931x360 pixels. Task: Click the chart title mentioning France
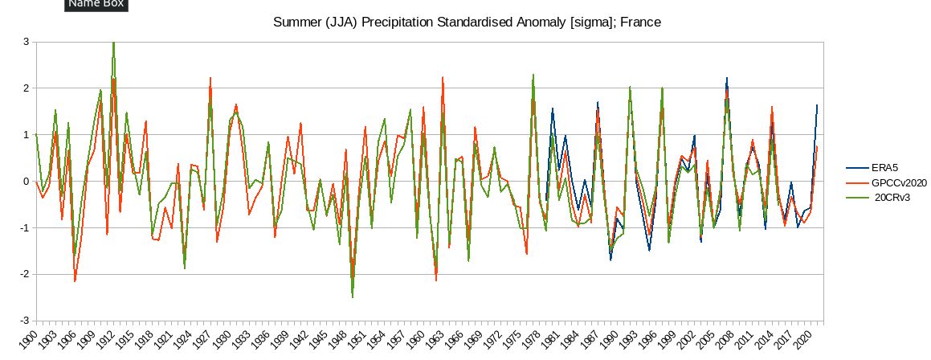468,22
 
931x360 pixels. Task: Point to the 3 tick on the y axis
25,42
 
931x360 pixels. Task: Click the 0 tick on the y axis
25,182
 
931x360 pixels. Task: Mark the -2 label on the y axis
23,274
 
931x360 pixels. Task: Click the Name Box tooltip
95,5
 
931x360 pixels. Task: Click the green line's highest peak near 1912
113,43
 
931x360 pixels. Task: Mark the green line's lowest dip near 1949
353,297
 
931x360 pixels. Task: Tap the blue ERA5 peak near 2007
727,79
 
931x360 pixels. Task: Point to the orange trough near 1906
75,280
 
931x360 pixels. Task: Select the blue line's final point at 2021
817,105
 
